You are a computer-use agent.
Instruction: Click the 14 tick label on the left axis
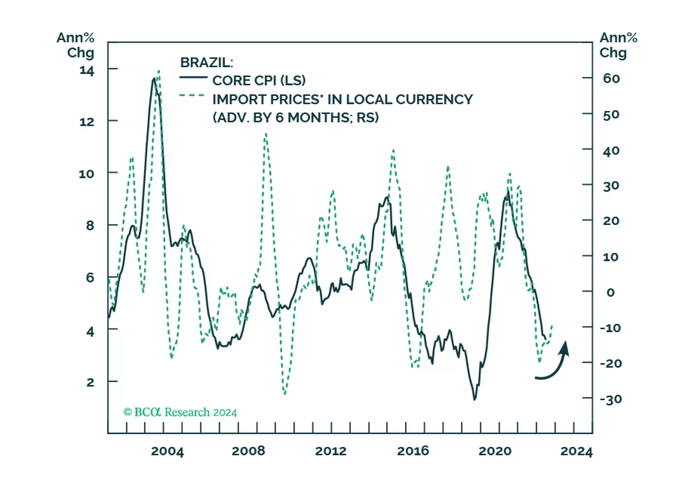pos(87,70)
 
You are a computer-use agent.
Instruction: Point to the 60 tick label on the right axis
pos(611,78)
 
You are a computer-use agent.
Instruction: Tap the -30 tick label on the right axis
pos(611,399)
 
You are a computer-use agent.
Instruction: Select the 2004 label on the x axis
pos(167,451)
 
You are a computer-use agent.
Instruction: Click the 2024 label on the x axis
pos(576,451)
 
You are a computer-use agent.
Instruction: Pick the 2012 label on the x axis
pos(330,451)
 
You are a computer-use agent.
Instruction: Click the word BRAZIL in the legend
pos(206,62)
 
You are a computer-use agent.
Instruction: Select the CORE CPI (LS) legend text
pos(259,81)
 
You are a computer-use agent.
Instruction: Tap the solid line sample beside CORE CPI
pos(193,78)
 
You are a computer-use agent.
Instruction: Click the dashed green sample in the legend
pos(192,95)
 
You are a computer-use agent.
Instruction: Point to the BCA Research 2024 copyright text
pos(180,412)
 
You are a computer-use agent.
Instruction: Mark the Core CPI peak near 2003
pos(154,79)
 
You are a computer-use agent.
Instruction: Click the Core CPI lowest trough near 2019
pos(474,399)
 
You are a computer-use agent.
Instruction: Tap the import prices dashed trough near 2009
pos(285,393)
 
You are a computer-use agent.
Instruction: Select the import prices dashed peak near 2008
pos(266,134)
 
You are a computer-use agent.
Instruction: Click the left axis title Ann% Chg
pos(76,45)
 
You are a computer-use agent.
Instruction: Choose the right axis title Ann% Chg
pos(618,45)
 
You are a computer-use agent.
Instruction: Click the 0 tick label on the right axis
pos(611,293)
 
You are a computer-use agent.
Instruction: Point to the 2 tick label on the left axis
pos(90,382)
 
